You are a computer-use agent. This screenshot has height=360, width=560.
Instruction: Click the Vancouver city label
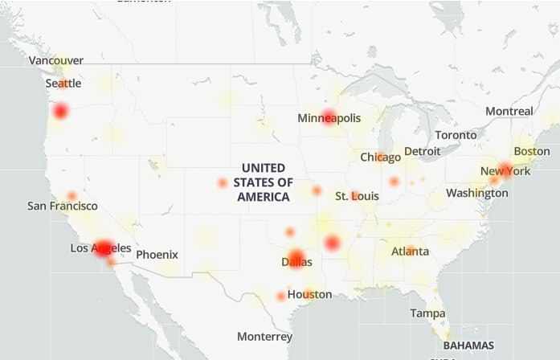click(x=55, y=60)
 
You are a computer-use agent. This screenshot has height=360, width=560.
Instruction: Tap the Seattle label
click(x=63, y=84)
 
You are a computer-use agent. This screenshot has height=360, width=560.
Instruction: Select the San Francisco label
click(x=62, y=206)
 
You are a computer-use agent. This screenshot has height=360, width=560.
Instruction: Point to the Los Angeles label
click(x=100, y=248)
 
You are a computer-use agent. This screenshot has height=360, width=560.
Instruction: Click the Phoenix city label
click(x=157, y=255)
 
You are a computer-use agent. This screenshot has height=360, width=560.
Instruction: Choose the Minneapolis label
click(x=329, y=118)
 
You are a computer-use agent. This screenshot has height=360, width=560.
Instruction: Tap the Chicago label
click(x=380, y=157)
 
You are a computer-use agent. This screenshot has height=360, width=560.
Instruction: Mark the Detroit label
click(x=422, y=151)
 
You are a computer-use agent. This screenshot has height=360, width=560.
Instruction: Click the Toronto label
click(x=456, y=135)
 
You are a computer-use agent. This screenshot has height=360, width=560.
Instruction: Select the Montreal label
click(x=509, y=111)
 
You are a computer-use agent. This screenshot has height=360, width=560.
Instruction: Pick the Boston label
click(x=531, y=151)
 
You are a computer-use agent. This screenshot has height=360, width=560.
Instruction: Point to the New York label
click(x=505, y=171)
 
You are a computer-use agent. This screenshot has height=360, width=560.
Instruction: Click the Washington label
click(x=476, y=193)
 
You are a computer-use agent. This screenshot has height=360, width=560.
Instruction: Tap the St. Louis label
click(x=357, y=196)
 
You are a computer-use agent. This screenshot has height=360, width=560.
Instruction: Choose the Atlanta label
click(x=410, y=251)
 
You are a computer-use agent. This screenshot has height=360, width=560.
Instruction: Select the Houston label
click(x=309, y=294)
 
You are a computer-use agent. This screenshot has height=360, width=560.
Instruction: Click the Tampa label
click(x=427, y=313)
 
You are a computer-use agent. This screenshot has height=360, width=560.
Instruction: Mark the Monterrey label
click(x=264, y=336)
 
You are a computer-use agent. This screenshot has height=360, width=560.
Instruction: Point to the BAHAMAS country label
click(x=468, y=345)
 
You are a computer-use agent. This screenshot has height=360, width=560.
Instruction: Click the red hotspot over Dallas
click(x=296, y=259)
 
